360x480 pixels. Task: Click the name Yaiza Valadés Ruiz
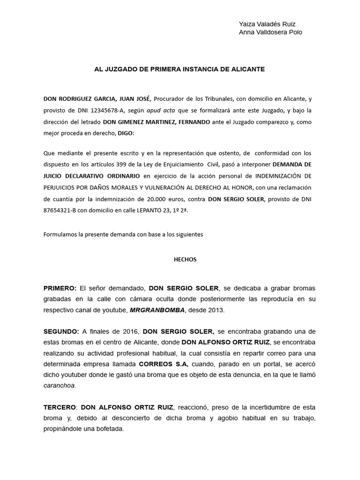(x=267, y=24)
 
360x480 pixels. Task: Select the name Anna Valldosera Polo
(x=270, y=32)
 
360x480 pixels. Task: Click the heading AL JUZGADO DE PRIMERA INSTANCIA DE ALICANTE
(x=180, y=69)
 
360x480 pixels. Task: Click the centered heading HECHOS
(x=180, y=259)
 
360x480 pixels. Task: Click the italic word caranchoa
(x=59, y=386)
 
